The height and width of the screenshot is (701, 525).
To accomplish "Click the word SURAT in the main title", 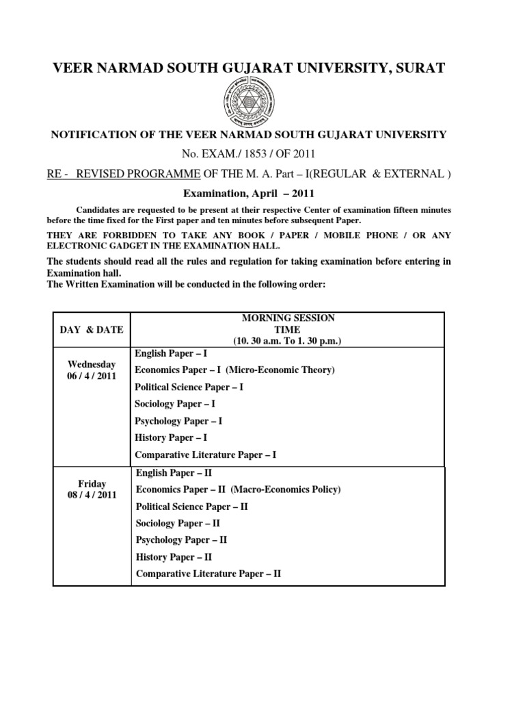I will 417,68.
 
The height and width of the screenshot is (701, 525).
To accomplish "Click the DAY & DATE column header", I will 92,330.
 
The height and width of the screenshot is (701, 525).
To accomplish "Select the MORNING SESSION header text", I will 287,318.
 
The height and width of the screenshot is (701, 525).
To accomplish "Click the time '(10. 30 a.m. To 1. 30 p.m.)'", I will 287,341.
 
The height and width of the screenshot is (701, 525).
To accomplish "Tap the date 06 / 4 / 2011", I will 92,377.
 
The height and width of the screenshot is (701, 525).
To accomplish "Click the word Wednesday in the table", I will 92,364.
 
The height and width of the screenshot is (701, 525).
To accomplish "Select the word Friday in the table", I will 92,483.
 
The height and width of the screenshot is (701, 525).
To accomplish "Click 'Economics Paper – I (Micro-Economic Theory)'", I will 234,370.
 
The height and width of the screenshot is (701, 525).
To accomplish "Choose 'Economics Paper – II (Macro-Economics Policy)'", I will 238,489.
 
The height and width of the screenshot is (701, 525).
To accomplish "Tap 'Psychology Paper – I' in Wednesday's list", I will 178,421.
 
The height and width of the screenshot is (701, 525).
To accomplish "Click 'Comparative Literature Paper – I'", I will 206,455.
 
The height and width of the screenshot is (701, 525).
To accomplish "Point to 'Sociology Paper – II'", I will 177,523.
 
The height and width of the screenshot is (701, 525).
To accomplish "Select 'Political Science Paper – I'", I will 189,387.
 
